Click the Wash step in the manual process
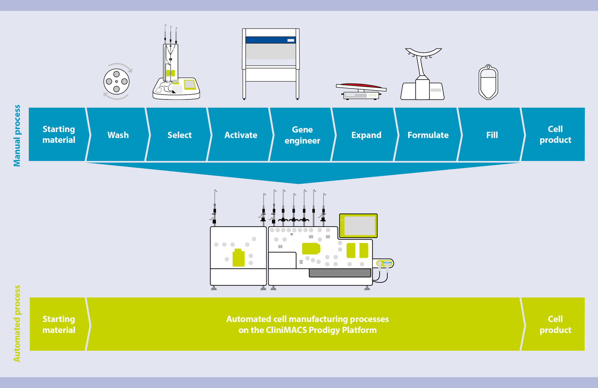point(118,135)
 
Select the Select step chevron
point(179,135)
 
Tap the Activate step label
point(241,135)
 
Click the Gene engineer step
point(302,135)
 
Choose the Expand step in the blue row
point(366,135)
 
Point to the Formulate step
point(428,135)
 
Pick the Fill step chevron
point(492,135)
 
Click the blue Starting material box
point(59,134)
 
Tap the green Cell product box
point(555,324)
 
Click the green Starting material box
point(59,324)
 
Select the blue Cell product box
point(555,134)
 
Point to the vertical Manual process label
point(17,136)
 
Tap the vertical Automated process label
point(17,323)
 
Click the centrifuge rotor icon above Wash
point(116,82)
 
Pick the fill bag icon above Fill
point(488,82)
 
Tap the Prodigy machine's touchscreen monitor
point(358,226)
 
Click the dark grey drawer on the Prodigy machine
point(340,273)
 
